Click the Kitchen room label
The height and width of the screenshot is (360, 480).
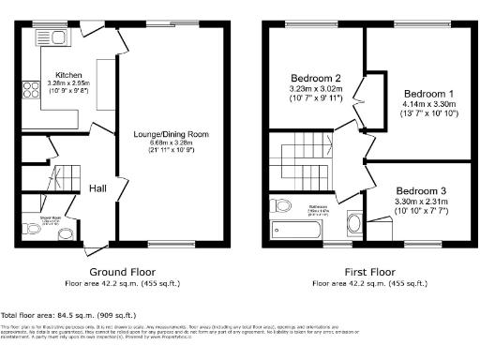point(69,74)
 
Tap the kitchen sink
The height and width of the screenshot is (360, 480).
point(49,38)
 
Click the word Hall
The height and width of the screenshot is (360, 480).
point(97,188)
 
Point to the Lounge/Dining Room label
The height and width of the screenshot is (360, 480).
point(172,134)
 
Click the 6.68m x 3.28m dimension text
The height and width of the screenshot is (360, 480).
point(172,142)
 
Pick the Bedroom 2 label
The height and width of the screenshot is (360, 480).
point(314,77)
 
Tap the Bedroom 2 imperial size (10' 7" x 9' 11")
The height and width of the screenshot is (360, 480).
point(314,97)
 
